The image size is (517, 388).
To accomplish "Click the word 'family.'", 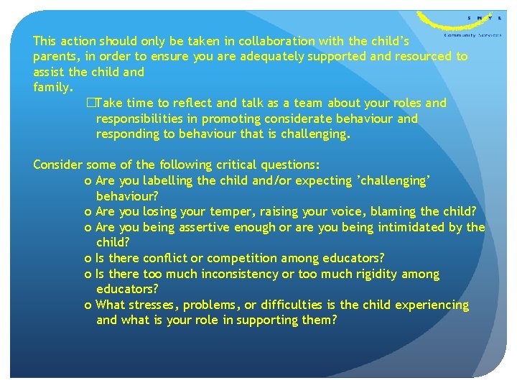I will [x=52, y=88].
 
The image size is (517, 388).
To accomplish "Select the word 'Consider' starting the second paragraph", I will [x=57, y=165].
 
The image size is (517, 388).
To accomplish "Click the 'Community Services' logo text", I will [x=472, y=34].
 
